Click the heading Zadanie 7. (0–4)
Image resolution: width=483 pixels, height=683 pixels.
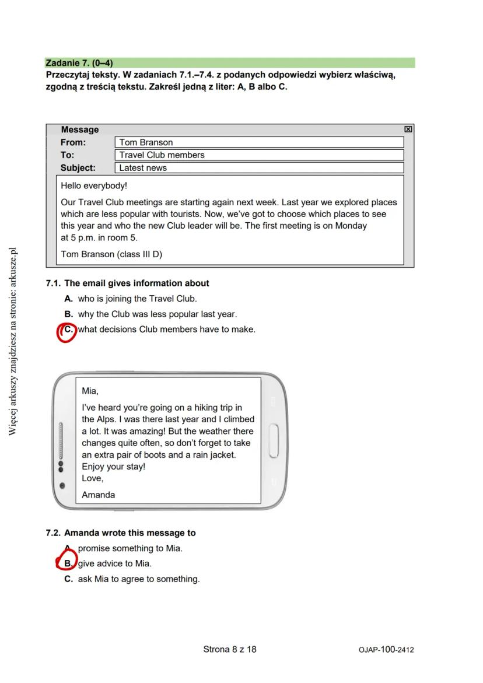[x=79, y=62]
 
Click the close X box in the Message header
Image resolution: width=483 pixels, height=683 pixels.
[x=408, y=129]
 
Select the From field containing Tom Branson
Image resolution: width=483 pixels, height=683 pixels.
[x=259, y=142]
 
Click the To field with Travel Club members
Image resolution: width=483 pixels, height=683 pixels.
[x=259, y=155]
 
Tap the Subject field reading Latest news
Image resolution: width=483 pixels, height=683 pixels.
[x=259, y=168]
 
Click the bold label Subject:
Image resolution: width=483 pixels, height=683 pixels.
[x=78, y=168]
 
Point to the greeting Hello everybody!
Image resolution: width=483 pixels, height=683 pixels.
[x=94, y=186]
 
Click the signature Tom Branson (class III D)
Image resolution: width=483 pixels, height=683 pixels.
[x=111, y=254]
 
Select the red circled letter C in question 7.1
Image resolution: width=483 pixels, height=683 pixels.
[x=68, y=330]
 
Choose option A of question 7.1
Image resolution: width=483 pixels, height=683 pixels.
[x=137, y=299]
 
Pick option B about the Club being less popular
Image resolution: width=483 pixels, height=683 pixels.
[x=157, y=314]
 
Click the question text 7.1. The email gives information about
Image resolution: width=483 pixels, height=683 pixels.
[x=127, y=283]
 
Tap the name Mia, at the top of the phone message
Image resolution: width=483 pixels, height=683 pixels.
[x=90, y=391]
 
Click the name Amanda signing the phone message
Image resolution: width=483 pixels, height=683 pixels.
[x=99, y=495]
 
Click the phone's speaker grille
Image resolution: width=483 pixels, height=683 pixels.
[x=60, y=440]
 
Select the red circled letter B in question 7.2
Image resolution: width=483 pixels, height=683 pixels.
[x=68, y=564]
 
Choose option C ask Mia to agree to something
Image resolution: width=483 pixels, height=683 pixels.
[x=138, y=579]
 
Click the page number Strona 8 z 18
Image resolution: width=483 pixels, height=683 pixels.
[x=230, y=649]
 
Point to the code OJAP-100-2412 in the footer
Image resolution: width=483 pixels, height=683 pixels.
[x=386, y=650]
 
